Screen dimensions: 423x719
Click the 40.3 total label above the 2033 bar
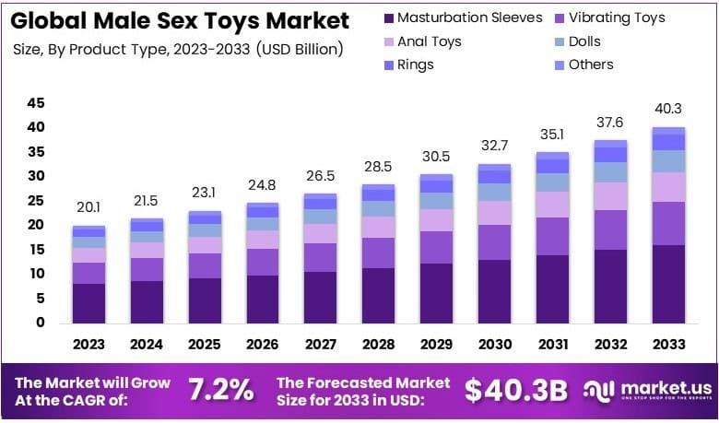(x=668, y=110)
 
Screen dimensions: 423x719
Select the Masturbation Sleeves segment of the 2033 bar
(x=668, y=284)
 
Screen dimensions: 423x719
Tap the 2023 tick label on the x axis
(x=89, y=345)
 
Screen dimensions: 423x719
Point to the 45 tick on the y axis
(x=36, y=103)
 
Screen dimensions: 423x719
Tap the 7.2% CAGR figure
(x=220, y=390)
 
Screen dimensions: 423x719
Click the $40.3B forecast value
(x=515, y=390)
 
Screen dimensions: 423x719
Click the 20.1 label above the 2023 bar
(x=89, y=206)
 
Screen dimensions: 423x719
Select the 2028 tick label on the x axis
(x=379, y=345)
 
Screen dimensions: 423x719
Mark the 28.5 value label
(x=379, y=166)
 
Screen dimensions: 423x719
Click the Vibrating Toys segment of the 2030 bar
(x=495, y=242)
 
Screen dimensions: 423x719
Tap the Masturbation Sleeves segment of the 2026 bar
(x=263, y=300)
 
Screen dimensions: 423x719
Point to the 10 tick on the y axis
(x=36, y=274)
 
